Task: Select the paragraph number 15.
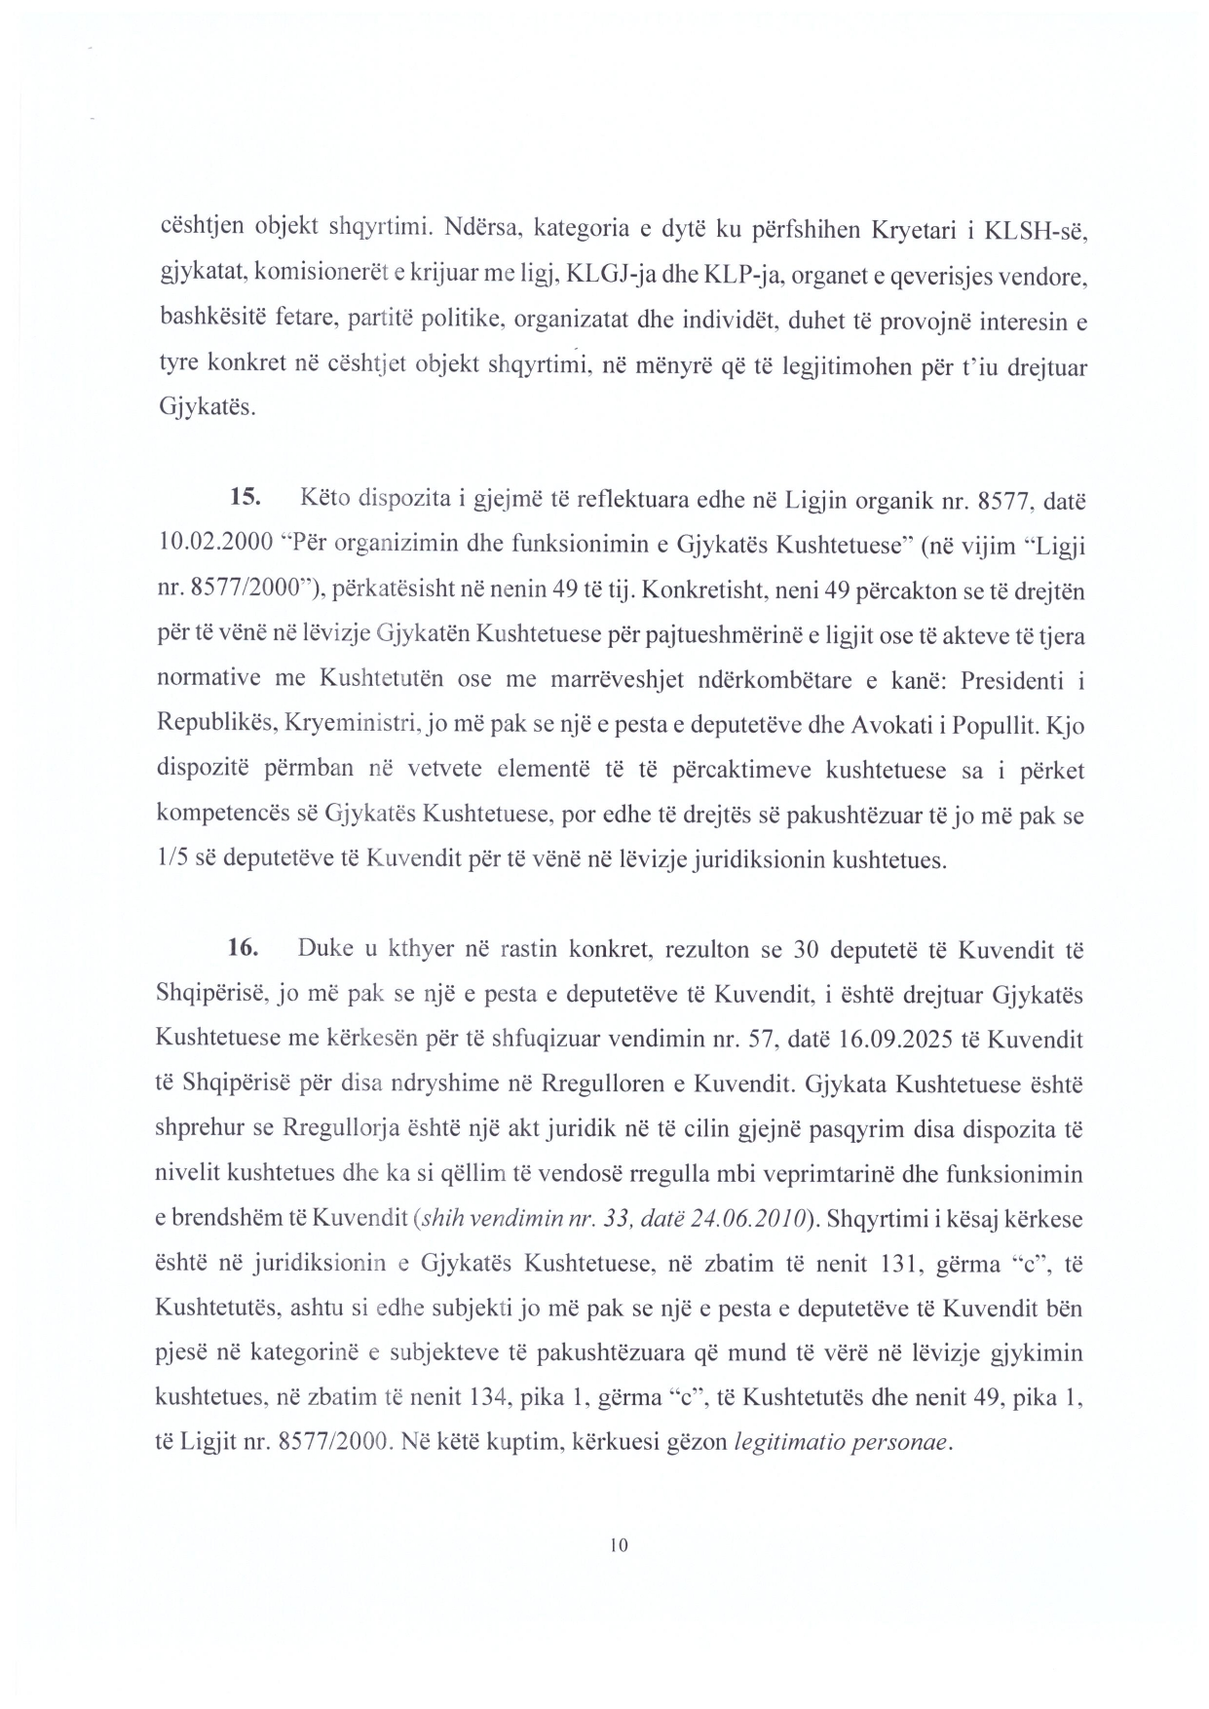click(x=245, y=498)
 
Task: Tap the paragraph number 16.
click(x=244, y=948)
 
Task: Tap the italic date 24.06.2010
click(x=751, y=1219)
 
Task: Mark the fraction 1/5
click(x=172, y=860)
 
